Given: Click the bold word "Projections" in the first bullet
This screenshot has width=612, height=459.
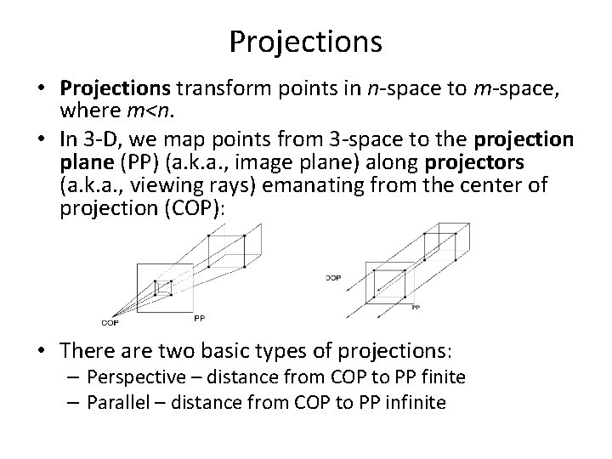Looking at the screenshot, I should click(x=115, y=89).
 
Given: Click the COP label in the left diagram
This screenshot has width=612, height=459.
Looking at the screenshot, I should click(x=110, y=322).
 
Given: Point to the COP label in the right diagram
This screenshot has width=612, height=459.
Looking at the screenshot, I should click(x=333, y=276).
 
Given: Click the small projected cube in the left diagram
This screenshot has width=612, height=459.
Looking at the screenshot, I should click(x=163, y=289).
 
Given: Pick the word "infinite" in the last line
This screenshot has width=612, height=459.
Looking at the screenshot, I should click(x=416, y=401).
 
